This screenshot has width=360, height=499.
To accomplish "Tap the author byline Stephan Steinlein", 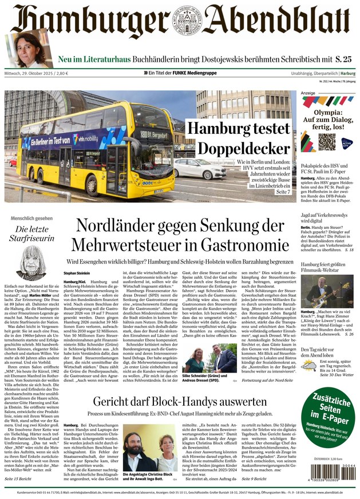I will [77, 274].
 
